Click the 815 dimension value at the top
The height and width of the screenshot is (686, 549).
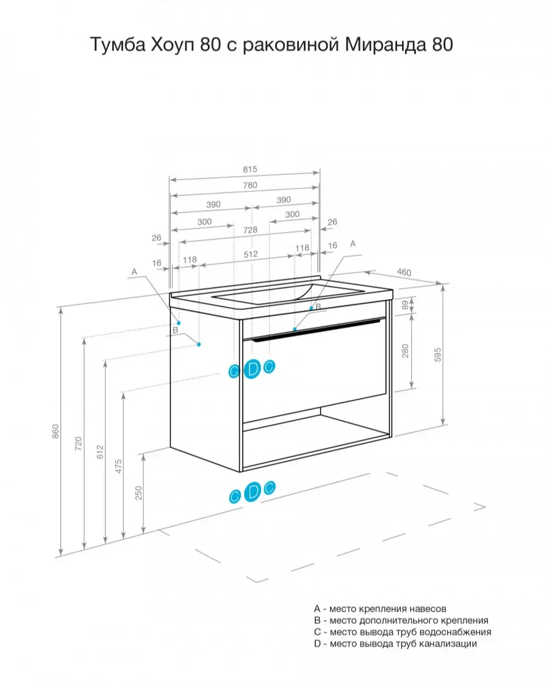250,169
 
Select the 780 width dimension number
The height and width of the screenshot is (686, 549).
250,185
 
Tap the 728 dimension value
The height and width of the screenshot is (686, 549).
250,230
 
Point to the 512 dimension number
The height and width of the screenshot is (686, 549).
251,254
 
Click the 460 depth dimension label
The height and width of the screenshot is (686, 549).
404,272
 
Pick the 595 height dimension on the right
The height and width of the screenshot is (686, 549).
438,355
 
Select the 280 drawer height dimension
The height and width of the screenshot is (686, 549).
405,351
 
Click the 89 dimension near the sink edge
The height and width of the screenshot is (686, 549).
405,305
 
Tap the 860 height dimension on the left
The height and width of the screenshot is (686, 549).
56,431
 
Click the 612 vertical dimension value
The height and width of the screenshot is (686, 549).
100,451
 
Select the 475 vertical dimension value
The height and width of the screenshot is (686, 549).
118,467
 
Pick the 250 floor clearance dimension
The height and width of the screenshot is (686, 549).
139,493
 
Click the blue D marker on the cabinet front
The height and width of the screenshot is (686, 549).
252,369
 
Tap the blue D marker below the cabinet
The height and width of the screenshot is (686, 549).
253,492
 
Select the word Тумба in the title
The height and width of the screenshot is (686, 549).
117,44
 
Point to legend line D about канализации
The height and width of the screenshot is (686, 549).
395,643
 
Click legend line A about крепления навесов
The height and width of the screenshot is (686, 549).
380,609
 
